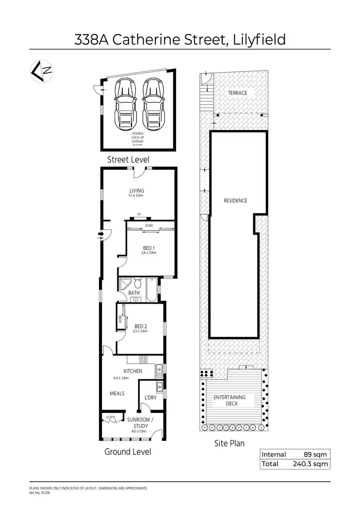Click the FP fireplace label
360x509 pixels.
coord(139,214)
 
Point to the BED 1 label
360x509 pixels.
coord(143,248)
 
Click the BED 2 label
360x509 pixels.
coord(141,327)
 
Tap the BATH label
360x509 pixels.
coord(134,293)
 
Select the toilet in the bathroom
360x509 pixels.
coord(137,283)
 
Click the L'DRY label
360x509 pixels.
coord(150,398)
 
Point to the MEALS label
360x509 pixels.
coord(117,393)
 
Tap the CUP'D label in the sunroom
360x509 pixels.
coord(111,417)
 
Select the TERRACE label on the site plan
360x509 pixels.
coord(238,93)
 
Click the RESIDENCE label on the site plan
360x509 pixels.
coord(236,201)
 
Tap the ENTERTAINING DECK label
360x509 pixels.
coord(229,400)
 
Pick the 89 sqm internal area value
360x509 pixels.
coord(314,454)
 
